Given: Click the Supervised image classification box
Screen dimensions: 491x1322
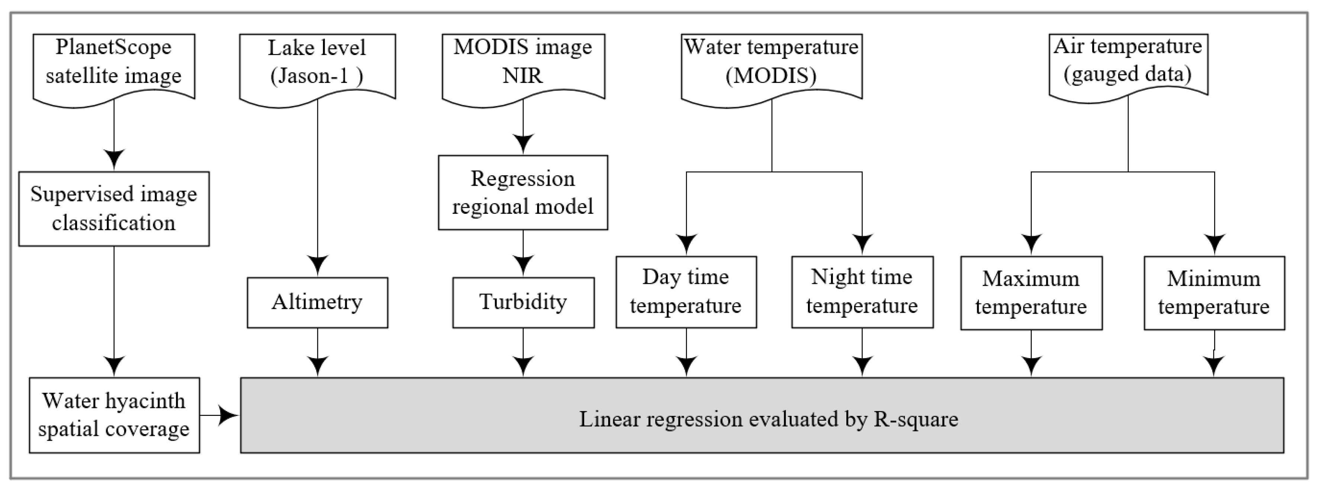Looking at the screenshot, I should tap(114, 209).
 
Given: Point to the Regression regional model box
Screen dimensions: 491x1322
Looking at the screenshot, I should tap(523, 192).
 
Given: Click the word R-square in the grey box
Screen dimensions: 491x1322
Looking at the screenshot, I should tap(916, 419).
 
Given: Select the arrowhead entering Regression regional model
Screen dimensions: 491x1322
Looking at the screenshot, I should tap(523, 144).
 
